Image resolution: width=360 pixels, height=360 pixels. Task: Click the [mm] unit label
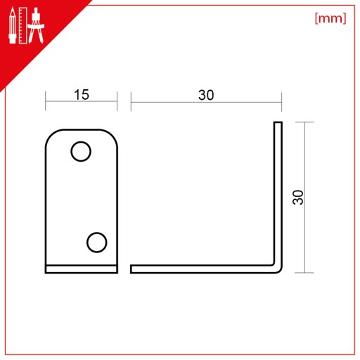pyautogui.click(x=330, y=18)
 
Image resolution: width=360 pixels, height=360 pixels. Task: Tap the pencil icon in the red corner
pyautogui.click(x=13, y=25)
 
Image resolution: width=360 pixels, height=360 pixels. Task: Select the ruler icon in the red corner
pyautogui.click(x=22, y=25)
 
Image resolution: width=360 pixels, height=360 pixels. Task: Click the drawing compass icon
pyautogui.click(x=36, y=25)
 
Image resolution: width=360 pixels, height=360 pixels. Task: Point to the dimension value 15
pyautogui.click(x=82, y=95)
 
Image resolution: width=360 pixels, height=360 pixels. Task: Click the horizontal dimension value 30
pyautogui.click(x=206, y=95)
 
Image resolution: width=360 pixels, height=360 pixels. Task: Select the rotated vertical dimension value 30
pyautogui.click(x=298, y=198)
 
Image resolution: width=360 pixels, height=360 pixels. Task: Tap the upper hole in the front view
pyautogui.click(x=81, y=151)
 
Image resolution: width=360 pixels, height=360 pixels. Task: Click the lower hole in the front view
pyautogui.click(x=97, y=243)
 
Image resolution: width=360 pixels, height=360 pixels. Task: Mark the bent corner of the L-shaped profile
pyautogui.click(x=278, y=269)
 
